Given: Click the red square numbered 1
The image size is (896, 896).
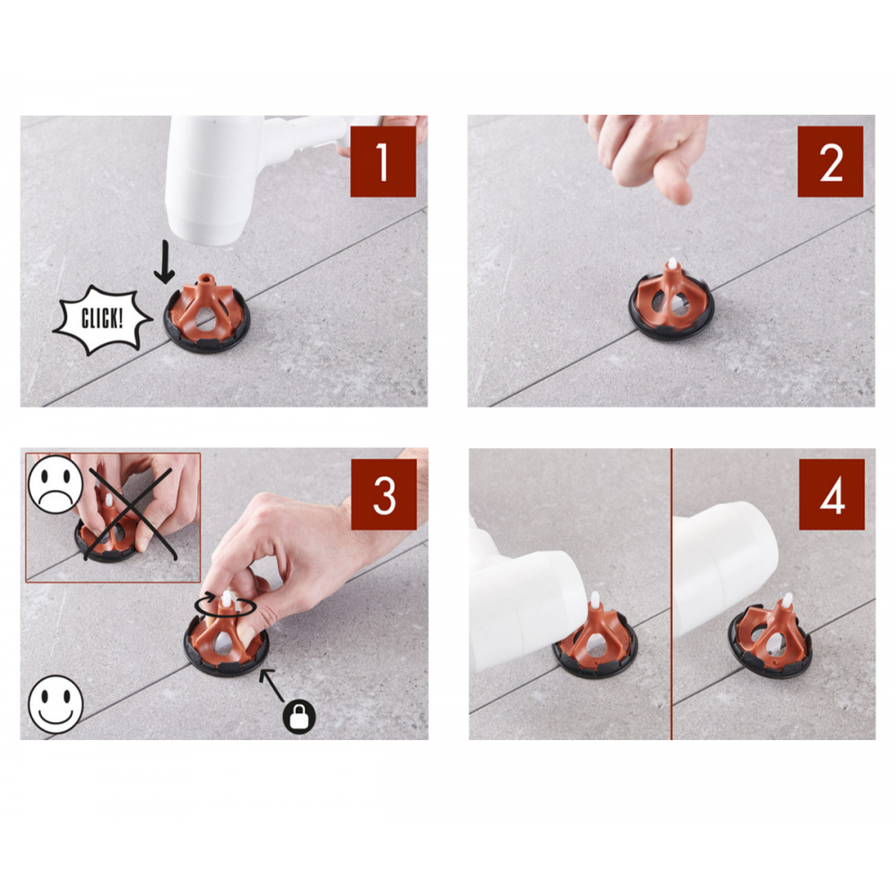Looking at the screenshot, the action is [383, 161].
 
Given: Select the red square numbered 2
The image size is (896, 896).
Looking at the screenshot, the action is [831, 161].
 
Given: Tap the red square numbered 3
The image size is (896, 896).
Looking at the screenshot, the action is [384, 495].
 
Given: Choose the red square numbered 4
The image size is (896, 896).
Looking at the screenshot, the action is [832, 495].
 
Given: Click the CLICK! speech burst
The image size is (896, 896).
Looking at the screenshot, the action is [102, 320].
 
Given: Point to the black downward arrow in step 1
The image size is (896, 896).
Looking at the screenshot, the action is [165, 262].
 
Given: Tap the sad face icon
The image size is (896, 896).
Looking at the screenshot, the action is [56, 484].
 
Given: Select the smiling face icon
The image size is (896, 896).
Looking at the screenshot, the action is [56, 704].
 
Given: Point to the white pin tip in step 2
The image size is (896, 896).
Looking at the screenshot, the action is [673, 264].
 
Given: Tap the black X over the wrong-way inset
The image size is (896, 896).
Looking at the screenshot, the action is [130, 513].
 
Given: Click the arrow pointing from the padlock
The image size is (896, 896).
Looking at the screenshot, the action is [272, 684].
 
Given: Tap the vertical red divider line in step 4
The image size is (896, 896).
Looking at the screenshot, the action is [671, 594].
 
